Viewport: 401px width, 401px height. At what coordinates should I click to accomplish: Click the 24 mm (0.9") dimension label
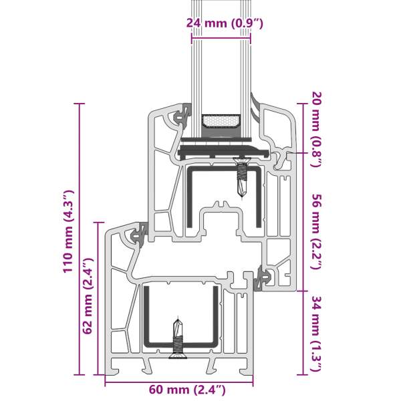pos(225,23)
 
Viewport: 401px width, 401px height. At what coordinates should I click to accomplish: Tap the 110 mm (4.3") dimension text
pos(69,231)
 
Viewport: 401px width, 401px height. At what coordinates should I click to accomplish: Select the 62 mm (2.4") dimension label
pos(88,296)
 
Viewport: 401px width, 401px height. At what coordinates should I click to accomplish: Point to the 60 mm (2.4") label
pos(187,390)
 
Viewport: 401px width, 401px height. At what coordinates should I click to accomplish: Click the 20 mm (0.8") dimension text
pos(316,130)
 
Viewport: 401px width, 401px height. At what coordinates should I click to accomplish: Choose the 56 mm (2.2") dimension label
pos(316,232)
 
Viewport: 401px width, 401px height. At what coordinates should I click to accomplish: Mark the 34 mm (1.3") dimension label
pos(316,333)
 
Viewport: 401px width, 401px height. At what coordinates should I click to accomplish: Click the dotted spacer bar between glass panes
pos(221,121)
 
